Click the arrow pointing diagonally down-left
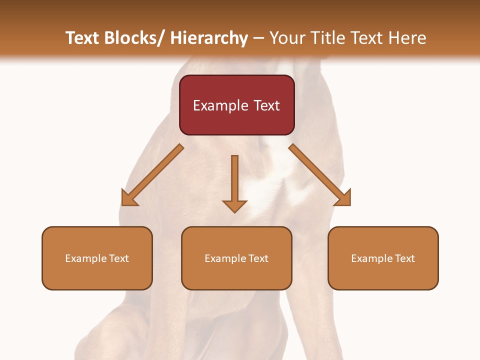pos(152,175)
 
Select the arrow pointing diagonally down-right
pos(319,174)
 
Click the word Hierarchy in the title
pos(209,38)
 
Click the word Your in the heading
pos(286,38)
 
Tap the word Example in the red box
pos(220,105)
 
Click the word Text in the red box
pos(266,105)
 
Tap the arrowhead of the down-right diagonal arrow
pos(343,197)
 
